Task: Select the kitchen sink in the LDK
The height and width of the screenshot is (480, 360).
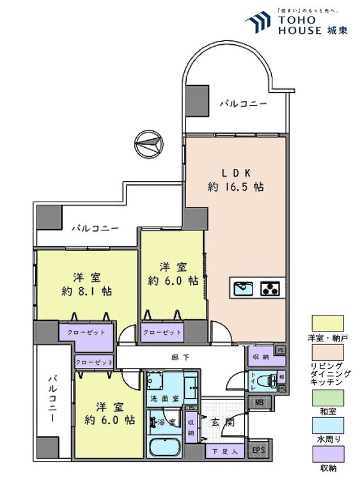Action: point(243,288)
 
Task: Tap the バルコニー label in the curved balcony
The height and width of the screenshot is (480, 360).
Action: point(243,103)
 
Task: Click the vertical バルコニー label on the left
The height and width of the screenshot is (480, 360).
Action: point(52,401)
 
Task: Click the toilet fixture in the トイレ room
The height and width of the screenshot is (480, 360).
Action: point(271,382)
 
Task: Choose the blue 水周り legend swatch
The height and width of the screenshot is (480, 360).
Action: point(327,425)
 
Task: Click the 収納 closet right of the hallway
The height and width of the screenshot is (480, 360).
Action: point(260,357)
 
